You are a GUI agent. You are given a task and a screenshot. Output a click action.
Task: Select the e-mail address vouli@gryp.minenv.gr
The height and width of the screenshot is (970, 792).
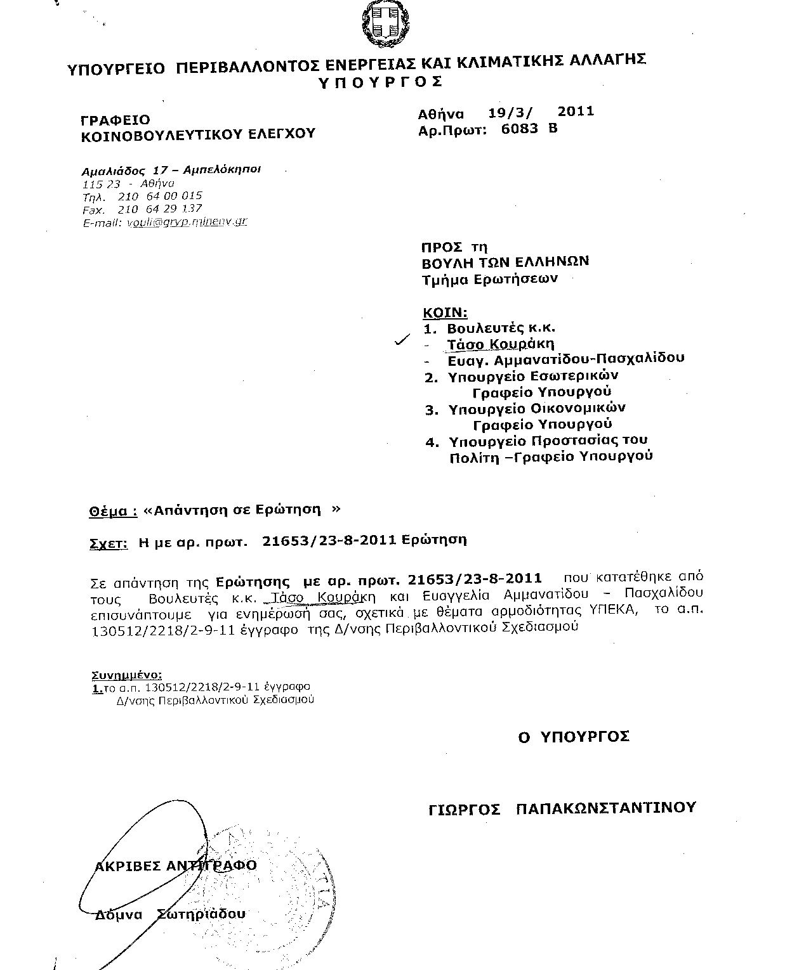[187, 222]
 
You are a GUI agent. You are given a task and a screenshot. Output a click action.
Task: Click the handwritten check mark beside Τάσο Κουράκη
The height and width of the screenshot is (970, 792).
[401, 342]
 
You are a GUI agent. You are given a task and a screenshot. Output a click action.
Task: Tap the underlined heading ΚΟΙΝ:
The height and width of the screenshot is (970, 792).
[445, 312]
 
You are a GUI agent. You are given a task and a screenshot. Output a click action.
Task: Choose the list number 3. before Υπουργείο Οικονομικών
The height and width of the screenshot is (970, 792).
[432, 410]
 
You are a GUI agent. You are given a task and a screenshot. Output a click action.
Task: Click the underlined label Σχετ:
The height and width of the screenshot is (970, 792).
[106, 542]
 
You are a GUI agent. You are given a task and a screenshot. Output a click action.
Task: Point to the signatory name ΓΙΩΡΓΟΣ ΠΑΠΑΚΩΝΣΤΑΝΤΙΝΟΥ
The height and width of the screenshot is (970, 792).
[562, 808]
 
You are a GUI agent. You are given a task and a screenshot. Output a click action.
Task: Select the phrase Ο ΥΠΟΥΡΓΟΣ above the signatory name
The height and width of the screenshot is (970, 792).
[574, 737]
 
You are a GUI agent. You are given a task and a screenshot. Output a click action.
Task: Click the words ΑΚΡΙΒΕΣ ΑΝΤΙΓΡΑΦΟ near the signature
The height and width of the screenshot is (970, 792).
[176, 866]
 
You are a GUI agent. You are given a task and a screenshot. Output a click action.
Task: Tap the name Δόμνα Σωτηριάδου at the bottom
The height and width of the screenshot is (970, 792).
[169, 914]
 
